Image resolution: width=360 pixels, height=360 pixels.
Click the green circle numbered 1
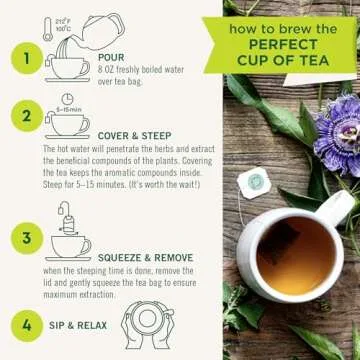pyautogui.click(x=26, y=58)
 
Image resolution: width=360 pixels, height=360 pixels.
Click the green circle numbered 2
pyautogui.click(x=26, y=117)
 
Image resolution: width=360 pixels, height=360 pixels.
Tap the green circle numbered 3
pyautogui.click(x=26, y=237)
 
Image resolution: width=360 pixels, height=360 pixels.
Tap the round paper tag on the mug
pyautogui.click(x=256, y=181)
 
